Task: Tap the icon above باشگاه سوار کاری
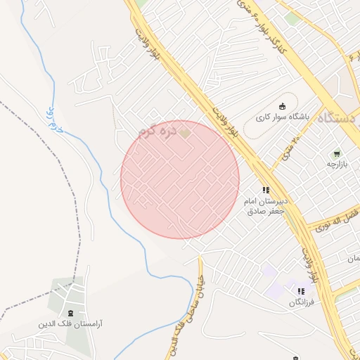tap(283, 106)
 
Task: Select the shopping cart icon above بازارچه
tap(336, 153)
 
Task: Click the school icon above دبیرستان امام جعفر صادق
tap(266, 189)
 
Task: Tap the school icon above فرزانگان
tap(301, 291)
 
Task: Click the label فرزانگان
tap(302, 302)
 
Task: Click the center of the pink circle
tap(180, 179)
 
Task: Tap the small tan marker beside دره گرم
tap(185, 131)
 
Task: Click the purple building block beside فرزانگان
tap(281, 288)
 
